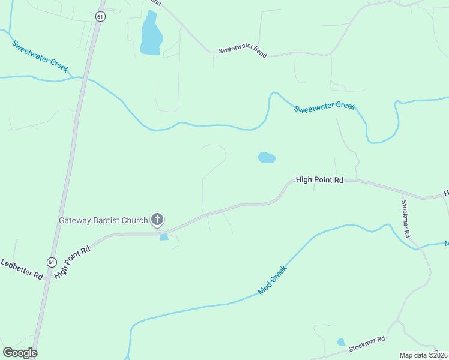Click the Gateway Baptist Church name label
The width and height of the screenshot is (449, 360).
click(103, 220)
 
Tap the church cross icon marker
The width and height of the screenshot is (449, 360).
click(157, 220)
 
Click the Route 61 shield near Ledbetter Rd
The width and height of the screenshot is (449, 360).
click(51, 262)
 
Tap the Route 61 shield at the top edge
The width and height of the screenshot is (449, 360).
click(100, 17)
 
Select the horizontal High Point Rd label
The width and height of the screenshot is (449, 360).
click(319, 179)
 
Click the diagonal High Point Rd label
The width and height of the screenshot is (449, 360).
click(71, 262)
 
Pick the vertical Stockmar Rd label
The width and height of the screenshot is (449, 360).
click(406, 218)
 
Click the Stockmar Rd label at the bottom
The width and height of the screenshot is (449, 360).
click(366, 345)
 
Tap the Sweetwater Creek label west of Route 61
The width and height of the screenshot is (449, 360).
click(40, 56)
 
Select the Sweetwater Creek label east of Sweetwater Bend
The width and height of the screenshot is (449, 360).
click(325, 107)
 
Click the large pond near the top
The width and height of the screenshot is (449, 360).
click(150, 36)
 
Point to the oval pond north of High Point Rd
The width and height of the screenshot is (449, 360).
click(267, 158)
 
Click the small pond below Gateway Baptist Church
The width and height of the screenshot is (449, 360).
click(164, 238)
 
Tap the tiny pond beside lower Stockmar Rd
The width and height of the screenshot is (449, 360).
click(341, 342)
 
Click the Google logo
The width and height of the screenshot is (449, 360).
click(20, 353)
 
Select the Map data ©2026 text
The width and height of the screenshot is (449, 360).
click(424, 355)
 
